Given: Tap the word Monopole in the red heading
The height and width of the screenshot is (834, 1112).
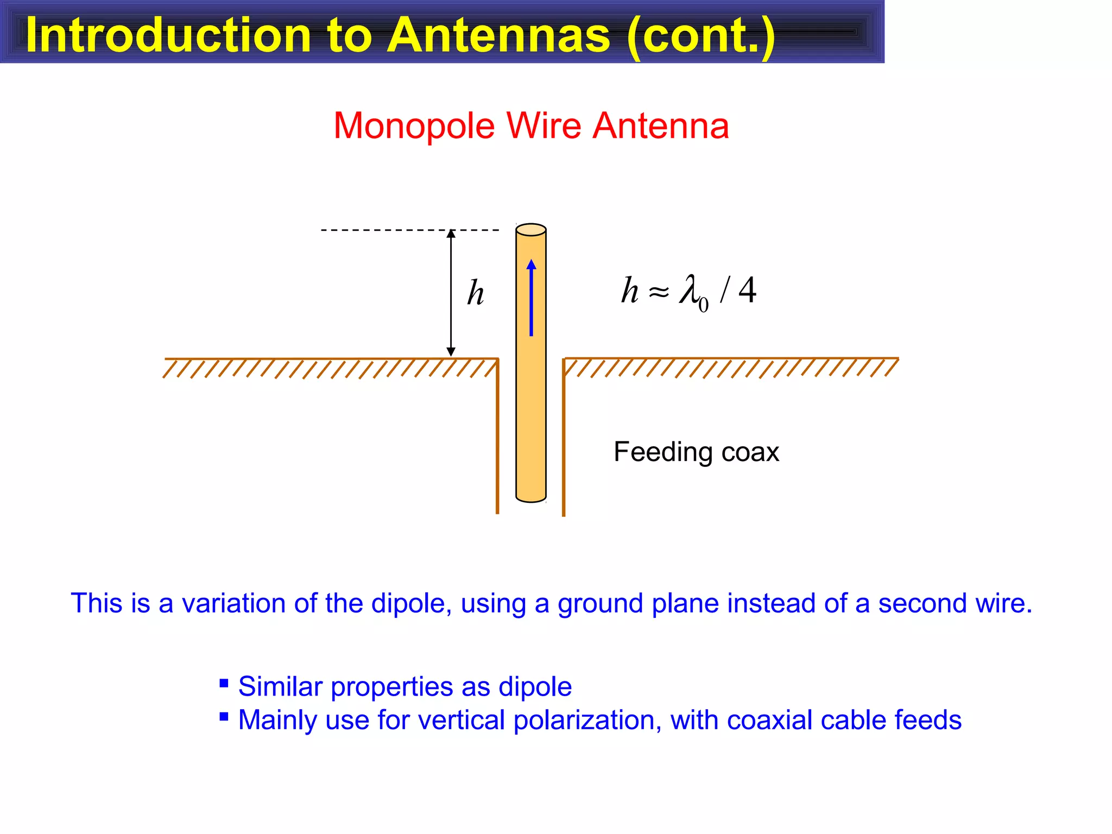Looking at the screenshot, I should coord(414,126).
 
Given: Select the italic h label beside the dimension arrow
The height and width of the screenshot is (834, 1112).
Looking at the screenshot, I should coord(476,293).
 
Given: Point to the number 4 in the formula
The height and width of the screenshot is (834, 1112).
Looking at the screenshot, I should coord(748,290).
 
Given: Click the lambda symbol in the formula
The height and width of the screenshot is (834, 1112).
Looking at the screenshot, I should coord(690,290).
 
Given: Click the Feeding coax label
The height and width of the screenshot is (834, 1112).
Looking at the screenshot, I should coord(696,452).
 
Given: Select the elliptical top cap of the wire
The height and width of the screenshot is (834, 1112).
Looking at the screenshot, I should coord(531,230).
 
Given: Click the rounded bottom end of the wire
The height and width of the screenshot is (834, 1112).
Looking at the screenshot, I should coord(531,497).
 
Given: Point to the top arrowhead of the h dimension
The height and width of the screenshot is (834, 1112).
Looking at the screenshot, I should coord(451,234).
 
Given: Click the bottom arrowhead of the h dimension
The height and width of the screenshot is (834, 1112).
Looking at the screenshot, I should coord(451,352).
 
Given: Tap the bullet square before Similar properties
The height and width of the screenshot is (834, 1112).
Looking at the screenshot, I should coord(224,683).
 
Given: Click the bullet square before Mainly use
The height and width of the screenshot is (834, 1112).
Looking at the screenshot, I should coord(224,716).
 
